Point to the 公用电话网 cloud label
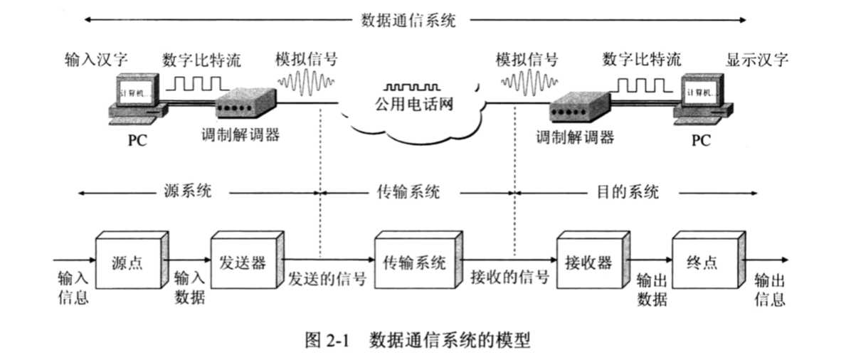pos(414,107)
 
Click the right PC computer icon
pos(703,100)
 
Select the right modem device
pos(578,107)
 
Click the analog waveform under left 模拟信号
pos(305,83)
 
